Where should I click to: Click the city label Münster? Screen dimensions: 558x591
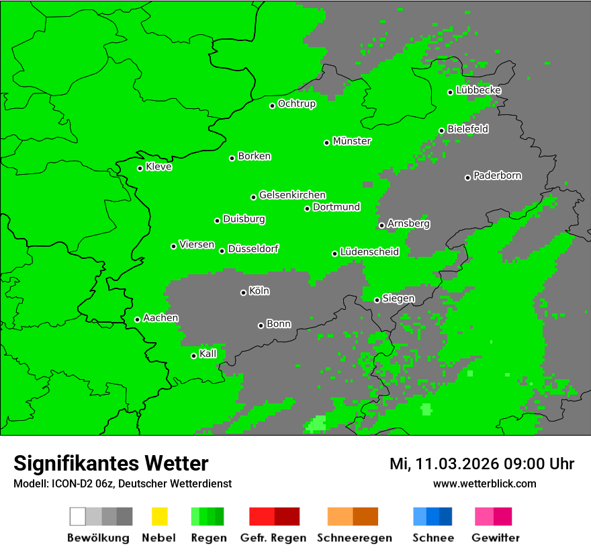(352, 141)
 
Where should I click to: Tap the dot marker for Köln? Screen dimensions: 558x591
(243, 292)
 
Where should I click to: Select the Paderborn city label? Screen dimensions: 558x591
(497, 176)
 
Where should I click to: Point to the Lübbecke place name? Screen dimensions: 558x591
(478, 90)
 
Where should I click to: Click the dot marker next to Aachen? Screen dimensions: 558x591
(137, 319)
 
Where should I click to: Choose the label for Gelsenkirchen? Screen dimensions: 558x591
(292, 195)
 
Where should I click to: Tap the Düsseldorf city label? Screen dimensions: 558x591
(253, 249)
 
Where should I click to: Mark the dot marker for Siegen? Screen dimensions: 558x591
(377, 300)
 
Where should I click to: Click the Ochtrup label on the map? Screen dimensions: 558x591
(296, 104)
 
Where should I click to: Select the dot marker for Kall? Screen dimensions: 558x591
(193, 356)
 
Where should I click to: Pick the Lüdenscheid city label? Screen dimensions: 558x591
(369, 252)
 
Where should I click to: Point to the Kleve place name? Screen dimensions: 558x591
(158, 167)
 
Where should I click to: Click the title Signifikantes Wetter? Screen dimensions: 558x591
(111, 463)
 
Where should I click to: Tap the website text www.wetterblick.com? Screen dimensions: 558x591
(484, 483)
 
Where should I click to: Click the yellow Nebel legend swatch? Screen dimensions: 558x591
(159, 516)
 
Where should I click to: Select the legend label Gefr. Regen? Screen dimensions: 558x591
(273, 538)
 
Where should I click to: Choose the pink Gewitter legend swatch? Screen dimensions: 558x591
(484, 516)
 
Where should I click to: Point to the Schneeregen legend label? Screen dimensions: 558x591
(354, 538)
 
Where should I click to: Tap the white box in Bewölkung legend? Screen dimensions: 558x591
(78, 516)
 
